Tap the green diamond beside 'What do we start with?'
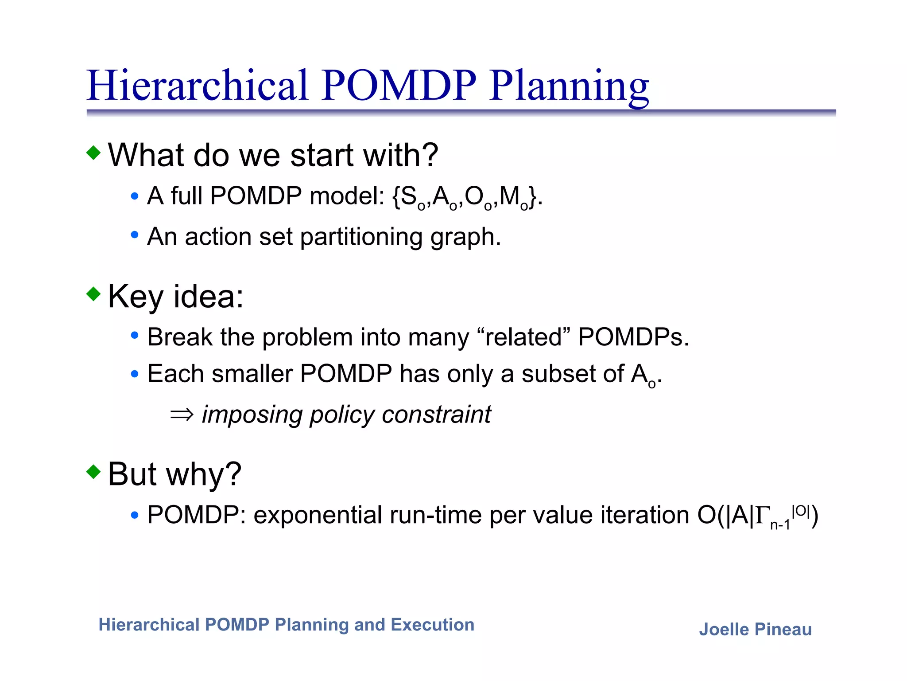[93, 153]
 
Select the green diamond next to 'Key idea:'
[93, 294]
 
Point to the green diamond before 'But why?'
[93, 471]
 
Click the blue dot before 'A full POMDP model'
[135, 196]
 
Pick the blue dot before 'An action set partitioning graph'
[135, 235]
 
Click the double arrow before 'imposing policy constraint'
[182, 415]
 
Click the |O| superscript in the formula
[801, 511]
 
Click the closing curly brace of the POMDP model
[533, 197]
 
